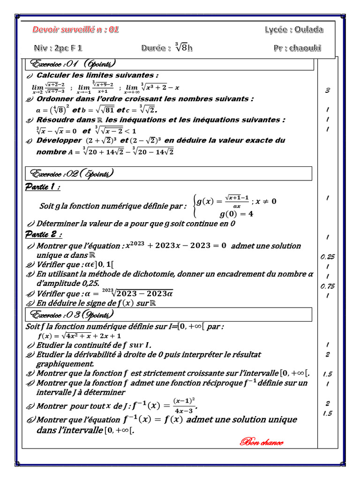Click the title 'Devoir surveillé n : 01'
(75, 30)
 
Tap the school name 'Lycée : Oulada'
(293, 30)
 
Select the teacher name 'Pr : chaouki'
(298, 48)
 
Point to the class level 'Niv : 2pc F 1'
(58, 48)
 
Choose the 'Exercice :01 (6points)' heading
(73, 64)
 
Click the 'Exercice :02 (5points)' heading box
(169, 174)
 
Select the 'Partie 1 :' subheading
(42, 187)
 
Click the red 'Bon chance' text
(262, 442)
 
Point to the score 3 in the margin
(327, 90)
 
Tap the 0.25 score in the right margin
(327, 257)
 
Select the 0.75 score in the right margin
(327, 286)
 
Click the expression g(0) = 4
(237, 214)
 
